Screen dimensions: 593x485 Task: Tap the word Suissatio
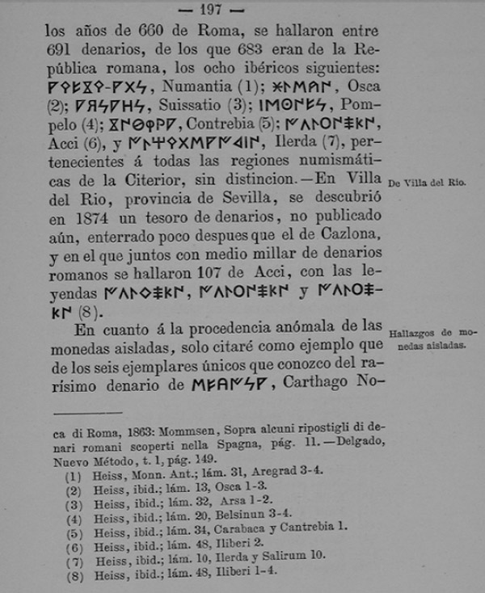182,106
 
